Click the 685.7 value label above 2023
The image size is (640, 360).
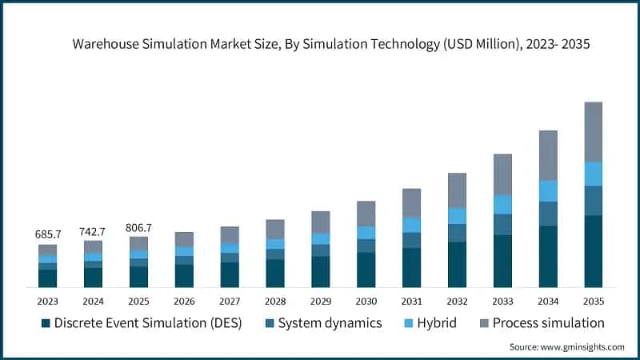point(47,235)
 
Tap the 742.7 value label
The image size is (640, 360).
point(93,230)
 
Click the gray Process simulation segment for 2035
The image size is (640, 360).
point(593,132)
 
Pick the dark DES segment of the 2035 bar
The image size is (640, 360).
point(593,251)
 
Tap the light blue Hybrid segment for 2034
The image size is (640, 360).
point(547,191)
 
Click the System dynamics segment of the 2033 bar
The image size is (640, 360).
point(502,225)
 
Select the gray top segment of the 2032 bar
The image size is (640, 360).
point(457,190)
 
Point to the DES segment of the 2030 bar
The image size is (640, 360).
point(366,270)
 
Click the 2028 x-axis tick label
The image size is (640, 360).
point(274,302)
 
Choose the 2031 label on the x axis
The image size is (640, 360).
point(411,302)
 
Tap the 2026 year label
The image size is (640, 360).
point(184,302)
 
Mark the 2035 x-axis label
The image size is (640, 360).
point(593,302)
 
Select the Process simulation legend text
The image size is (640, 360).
point(548,323)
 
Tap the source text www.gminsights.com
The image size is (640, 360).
point(582,346)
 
